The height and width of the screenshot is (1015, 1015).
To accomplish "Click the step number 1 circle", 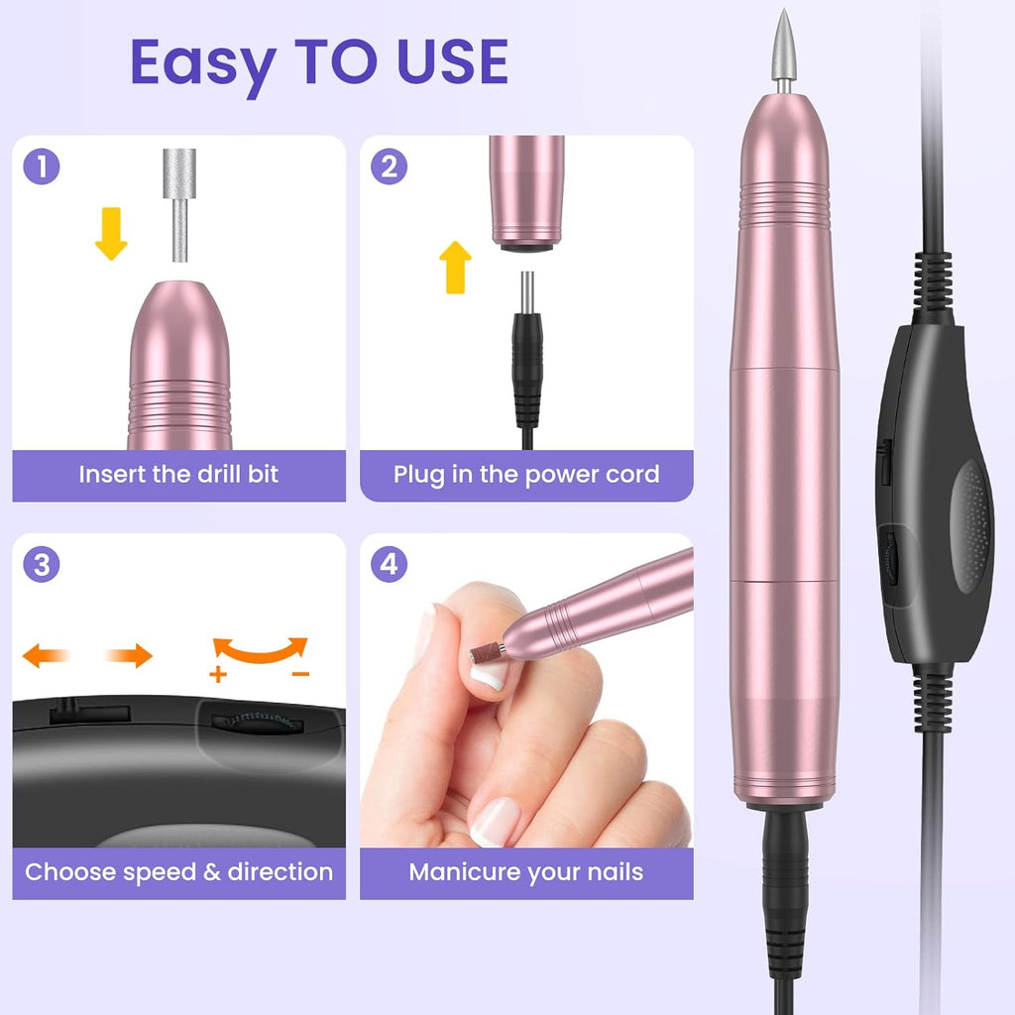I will coord(42,167).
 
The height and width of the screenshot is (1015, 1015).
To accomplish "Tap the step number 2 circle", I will coord(389,167).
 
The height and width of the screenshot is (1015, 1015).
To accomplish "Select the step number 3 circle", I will coord(42,565).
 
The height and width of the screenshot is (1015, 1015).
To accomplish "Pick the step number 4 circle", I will coord(389,565).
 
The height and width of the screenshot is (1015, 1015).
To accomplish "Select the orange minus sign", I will coord(301,675).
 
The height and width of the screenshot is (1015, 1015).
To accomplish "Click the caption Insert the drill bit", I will coord(178,474).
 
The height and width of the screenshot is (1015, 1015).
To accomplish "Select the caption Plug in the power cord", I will coord(526,474).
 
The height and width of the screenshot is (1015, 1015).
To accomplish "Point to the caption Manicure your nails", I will coord(526,872).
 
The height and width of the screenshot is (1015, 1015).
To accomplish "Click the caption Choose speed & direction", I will coord(178,872).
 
